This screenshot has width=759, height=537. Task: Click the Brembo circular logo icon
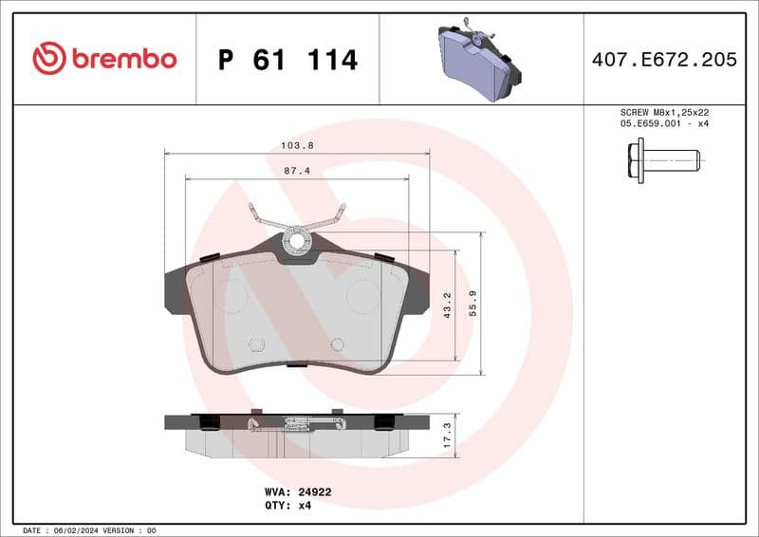point(49,59)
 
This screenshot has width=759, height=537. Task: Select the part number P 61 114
point(287,60)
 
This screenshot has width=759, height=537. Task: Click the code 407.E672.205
point(664,60)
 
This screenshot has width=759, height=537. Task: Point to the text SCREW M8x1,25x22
point(663,112)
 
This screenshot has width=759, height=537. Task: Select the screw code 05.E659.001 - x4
point(663,123)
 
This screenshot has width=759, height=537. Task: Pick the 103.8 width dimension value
point(298,145)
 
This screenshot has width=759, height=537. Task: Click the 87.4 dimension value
point(298,171)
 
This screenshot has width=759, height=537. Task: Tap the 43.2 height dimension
point(447,305)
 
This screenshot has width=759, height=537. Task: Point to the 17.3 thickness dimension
point(447,435)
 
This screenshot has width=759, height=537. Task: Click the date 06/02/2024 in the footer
point(89,530)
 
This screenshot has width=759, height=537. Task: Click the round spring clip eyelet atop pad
point(297,241)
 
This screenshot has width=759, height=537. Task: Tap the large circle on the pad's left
point(232,297)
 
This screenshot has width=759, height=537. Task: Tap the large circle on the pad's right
point(363,297)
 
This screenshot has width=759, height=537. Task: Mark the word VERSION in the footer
point(120,530)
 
